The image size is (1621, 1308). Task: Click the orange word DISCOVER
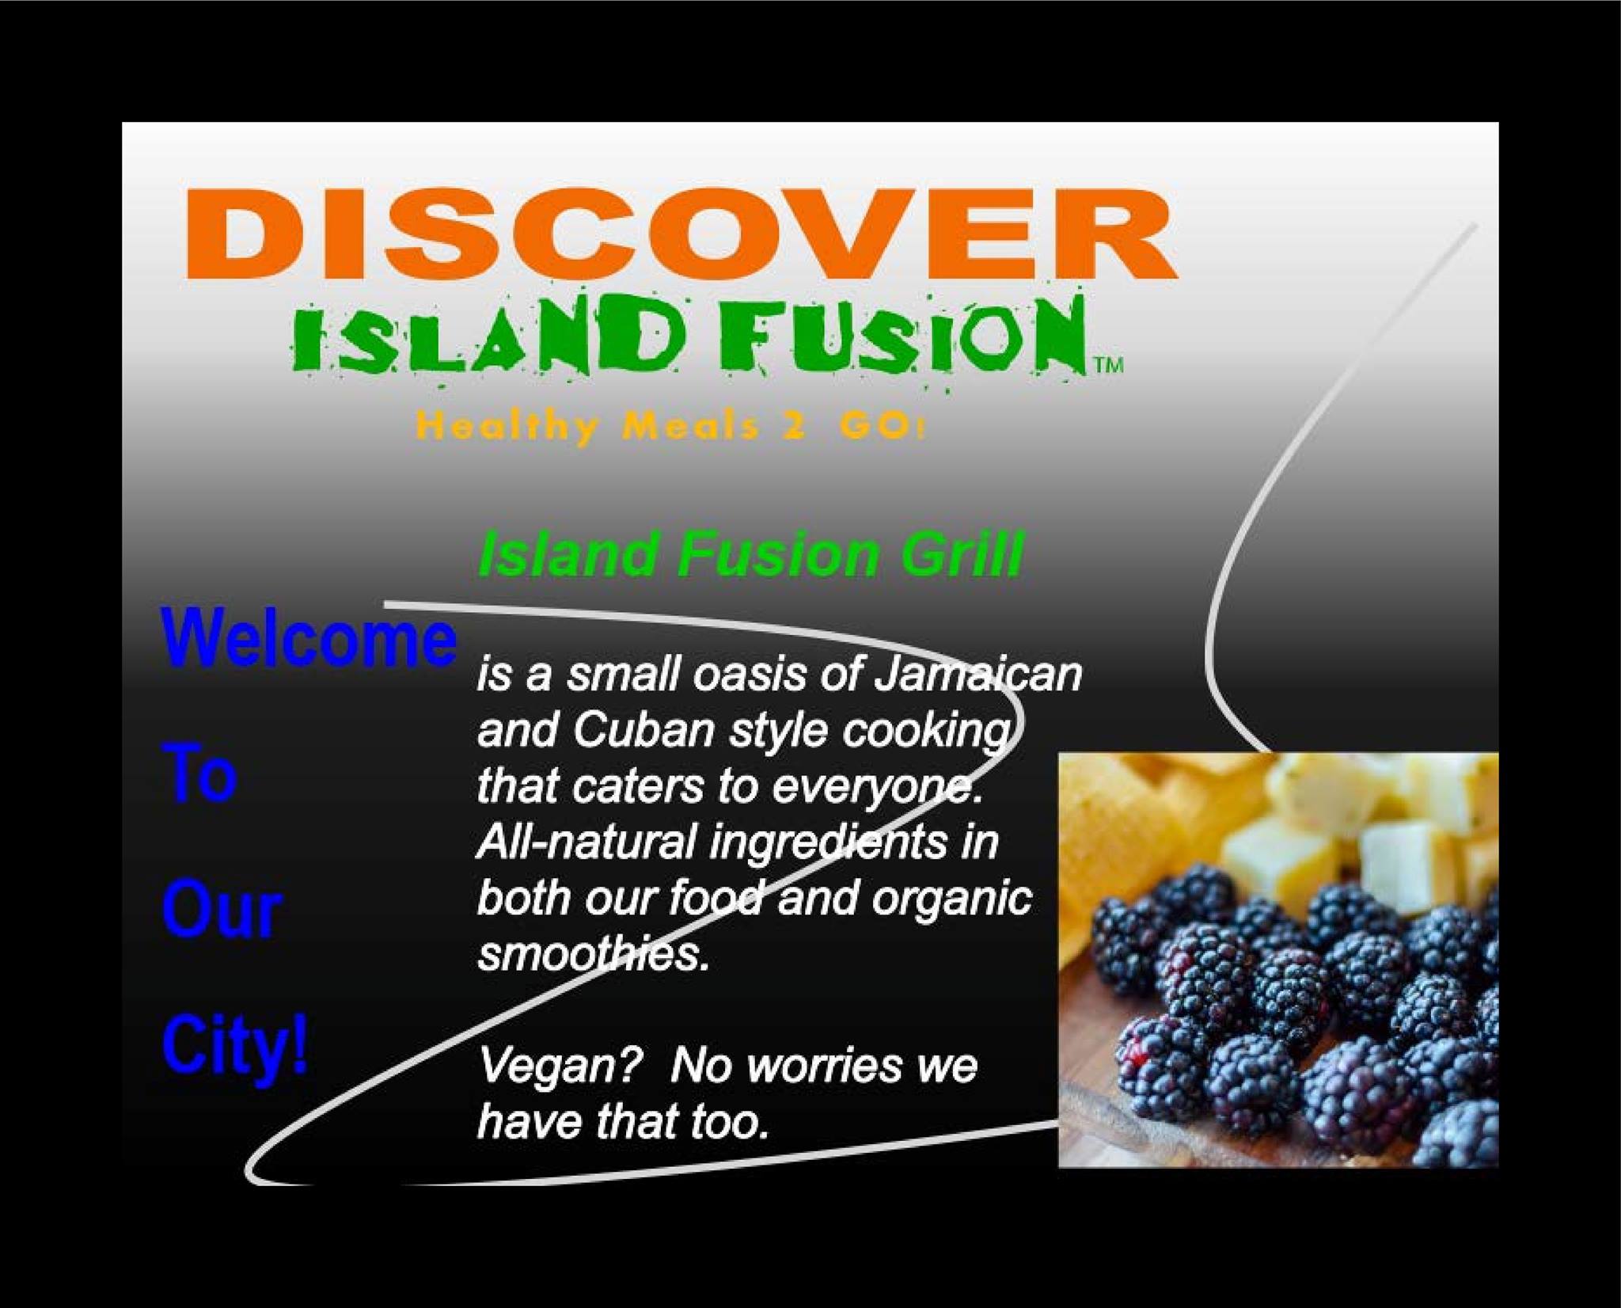point(681,234)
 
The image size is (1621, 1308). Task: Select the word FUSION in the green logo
point(902,336)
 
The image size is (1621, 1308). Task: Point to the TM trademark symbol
point(1108,365)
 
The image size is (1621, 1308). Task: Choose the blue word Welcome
point(309,639)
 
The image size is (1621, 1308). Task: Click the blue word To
point(199,774)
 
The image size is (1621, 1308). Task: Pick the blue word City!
point(235,1047)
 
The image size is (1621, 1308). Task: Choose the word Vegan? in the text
point(559,1067)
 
